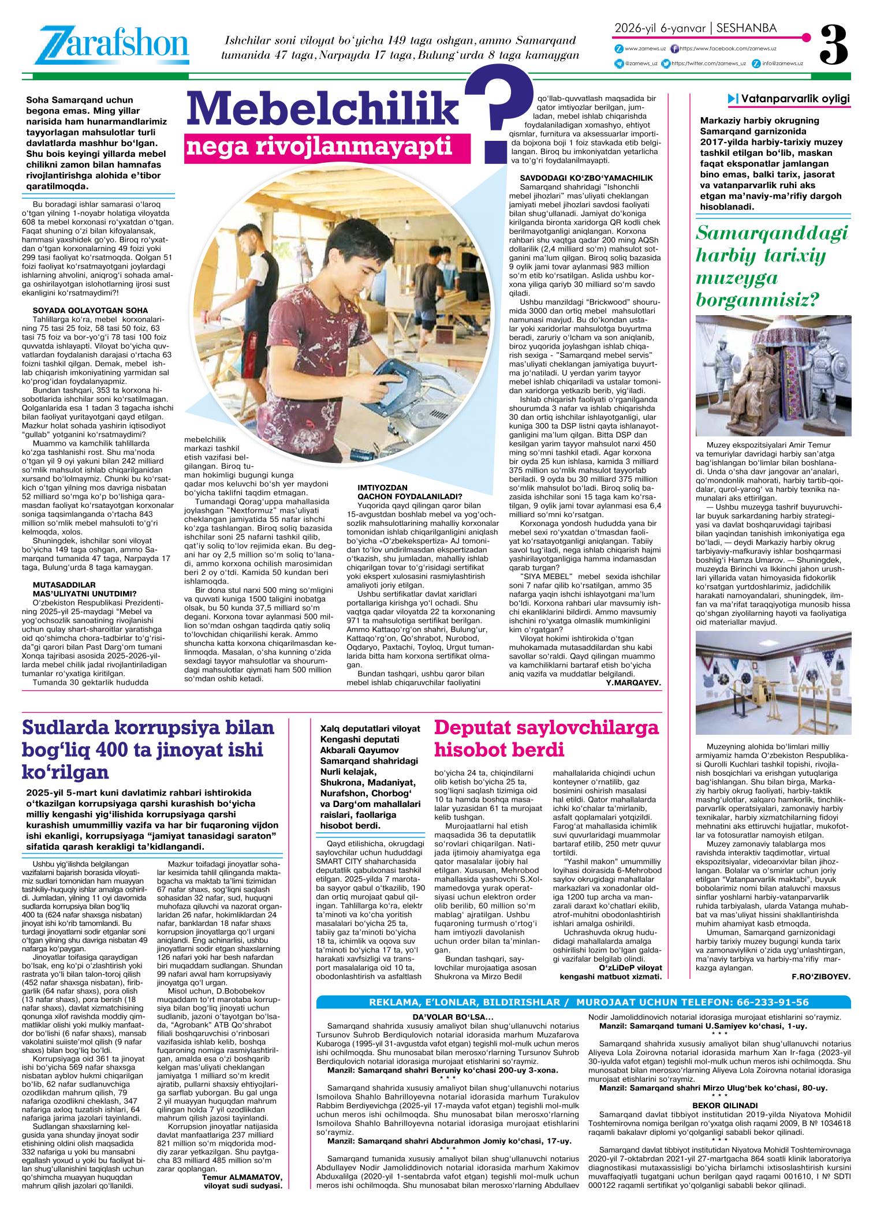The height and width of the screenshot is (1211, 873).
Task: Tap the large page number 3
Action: [833, 46]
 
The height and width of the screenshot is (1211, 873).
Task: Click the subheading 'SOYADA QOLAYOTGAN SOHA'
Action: [86, 310]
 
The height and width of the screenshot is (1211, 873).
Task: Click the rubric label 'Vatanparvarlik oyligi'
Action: [795, 99]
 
